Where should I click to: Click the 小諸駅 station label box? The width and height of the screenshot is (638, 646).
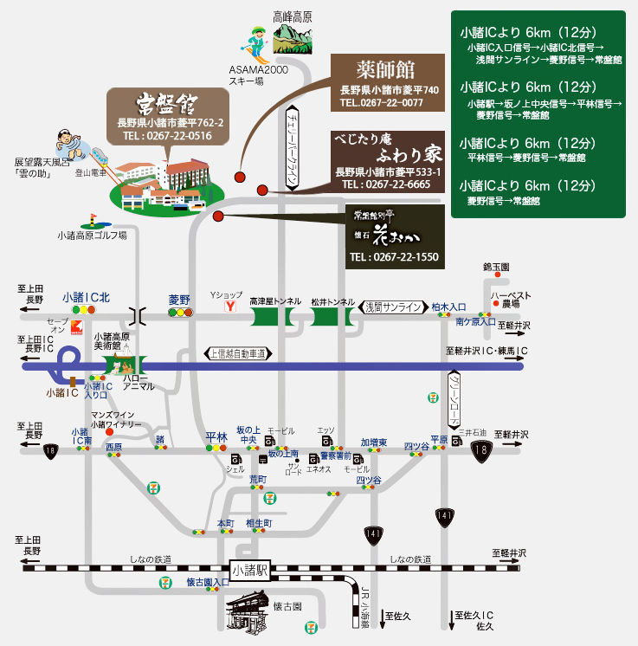tap(252, 571)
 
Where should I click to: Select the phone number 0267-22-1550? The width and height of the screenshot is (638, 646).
tap(394, 257)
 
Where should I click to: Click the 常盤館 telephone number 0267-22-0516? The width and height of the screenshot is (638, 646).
tap(167, 136)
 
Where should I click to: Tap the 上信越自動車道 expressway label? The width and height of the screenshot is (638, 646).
tap(238, 353)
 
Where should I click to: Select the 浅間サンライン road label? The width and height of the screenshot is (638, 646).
tap(393, 307)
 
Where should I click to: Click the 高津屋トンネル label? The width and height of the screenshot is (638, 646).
tap(275, 300)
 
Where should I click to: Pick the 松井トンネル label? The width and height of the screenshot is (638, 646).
tap(333, 300)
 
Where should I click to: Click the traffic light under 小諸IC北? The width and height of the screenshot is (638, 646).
tap(84, 309)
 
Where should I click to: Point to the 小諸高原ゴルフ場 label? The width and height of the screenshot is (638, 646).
tap(92, 235)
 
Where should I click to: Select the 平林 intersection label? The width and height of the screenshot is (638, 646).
tap(216, 436)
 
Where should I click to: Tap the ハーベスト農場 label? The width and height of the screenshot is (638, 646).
tap(510, 300)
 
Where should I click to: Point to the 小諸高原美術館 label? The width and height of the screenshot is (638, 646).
tap(111, 341)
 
